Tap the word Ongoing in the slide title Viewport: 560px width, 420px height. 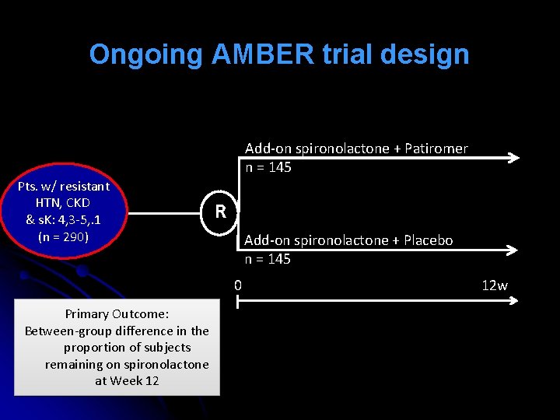(x=145, y=55)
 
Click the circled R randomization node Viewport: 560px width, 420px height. (x=221, y=211)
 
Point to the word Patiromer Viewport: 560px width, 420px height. (x=436, y=149)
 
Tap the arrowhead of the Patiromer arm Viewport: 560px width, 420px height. (x=513, y=159)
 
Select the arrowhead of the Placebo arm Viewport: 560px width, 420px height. (x=513, y=250)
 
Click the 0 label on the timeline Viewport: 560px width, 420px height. (x=238, y=285)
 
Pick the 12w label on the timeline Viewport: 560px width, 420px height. (x=495, y=285)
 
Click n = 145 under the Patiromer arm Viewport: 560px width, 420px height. (x=268, y=167)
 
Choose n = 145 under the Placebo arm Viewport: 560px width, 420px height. (x=268, y=259)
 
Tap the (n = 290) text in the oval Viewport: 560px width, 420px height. (x=63, y=236)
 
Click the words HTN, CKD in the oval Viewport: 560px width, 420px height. (x=63, y=203)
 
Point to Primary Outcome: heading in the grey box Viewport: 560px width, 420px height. (x=117, y=314)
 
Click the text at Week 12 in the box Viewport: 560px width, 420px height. (x=127, y=381)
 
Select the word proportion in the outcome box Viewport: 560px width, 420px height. (x=100, y=348)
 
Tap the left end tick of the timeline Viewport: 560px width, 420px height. (x=238, y=300)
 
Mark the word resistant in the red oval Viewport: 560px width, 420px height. (x=82, y=187)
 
